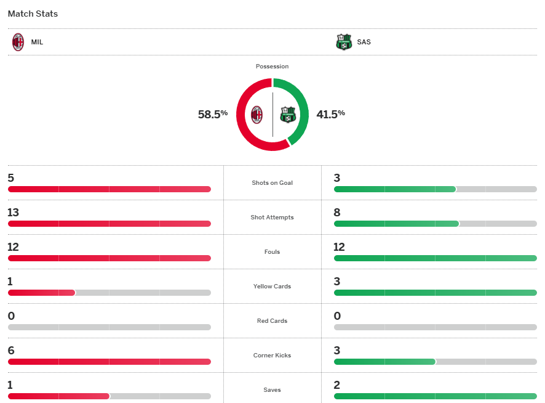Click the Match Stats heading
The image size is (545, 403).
click(33, 14)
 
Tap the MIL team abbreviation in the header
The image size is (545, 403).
click(37, 43)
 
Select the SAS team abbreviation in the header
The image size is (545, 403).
click(364, 43)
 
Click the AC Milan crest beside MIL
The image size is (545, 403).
click(18, 43)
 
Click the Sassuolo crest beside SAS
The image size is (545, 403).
click(343, 43)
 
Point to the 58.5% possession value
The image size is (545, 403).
click(213, 114)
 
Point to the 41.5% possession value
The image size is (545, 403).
click(330, 114)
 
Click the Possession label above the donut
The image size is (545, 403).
click(272, 66)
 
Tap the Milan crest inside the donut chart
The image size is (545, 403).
click(257, 115)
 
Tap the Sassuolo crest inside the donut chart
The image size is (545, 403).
click(288, 115)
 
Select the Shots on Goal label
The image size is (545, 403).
click(272, 183)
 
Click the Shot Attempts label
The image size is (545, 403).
click(272, 218)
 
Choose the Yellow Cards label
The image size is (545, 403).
click(272, 287)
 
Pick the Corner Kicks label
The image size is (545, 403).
click(272, 356)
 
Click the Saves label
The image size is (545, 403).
click(272, 390)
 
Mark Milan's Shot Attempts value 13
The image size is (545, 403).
click(14, 213)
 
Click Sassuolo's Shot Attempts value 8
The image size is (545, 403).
click(337, 213)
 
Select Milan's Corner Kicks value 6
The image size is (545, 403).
click(11, 351)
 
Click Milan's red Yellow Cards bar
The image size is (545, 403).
click(41, 293)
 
